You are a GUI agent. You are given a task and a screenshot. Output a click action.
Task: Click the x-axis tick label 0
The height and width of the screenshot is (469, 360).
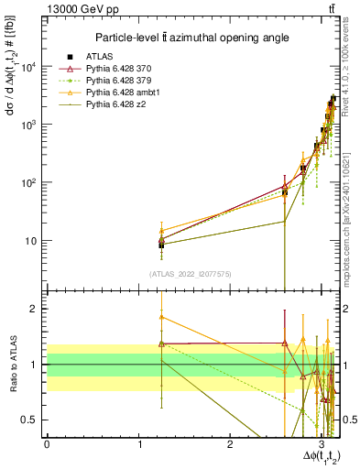(x=47, y=442)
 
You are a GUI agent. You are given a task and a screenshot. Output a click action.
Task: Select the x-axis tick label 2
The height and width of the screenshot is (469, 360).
(x=230, y=442)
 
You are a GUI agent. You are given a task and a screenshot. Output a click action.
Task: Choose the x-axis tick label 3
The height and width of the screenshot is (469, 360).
(x=322, y=442)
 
